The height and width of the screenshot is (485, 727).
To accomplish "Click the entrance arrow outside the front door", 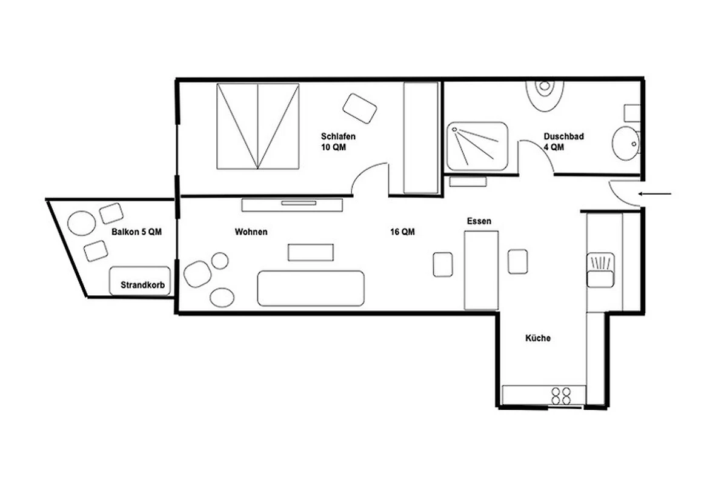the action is [655, 194].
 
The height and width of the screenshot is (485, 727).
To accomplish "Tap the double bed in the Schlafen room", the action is [257, 126].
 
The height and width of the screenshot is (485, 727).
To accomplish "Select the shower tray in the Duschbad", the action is [477, 146].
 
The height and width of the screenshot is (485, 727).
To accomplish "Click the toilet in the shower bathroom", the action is [545, 96].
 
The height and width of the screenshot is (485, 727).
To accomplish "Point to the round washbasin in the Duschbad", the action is [625, 144].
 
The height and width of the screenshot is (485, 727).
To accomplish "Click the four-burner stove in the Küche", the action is [562, 396].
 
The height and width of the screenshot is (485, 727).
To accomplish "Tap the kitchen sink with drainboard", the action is [600, 270].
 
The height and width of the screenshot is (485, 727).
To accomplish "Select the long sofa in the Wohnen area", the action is [311, 288].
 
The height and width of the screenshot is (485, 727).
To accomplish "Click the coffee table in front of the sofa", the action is [311, 252].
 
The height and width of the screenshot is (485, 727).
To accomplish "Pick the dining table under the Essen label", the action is [481, 270].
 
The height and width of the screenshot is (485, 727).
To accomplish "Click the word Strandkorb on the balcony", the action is [143, 285].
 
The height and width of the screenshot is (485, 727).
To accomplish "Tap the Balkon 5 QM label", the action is [137, 232].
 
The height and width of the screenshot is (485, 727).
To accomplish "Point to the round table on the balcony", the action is [81, 223].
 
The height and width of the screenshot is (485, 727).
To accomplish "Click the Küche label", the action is [538, 338].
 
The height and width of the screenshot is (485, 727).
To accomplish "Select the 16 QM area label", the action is [402, 232].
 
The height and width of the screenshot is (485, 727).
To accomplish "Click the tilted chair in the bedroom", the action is [360, 109].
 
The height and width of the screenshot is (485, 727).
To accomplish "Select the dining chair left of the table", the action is [443, 264].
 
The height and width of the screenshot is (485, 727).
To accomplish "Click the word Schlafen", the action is [338, 136].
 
